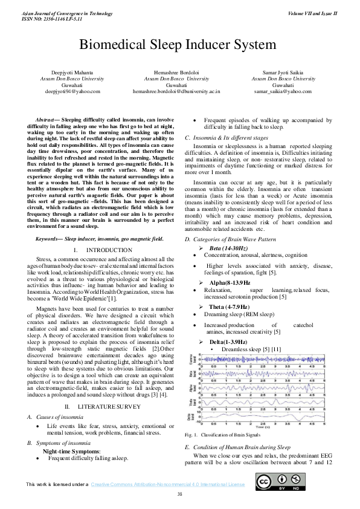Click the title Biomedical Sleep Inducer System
point(178,45)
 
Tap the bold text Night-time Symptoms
point(71,451)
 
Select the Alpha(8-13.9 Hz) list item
point(230,283)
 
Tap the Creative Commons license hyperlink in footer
point(167,484)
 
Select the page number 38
point(179,494)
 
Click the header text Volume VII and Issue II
point(312,13)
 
